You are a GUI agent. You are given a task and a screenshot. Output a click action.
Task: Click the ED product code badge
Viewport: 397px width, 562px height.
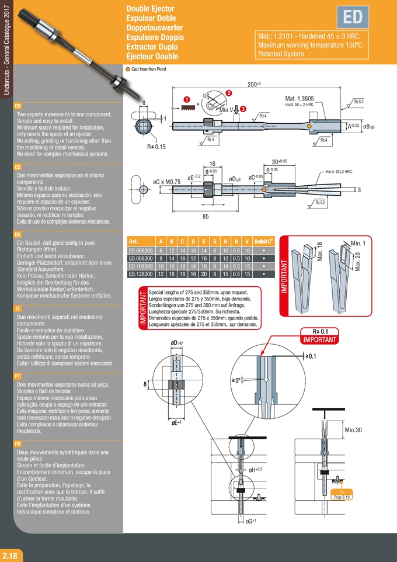[353, 18]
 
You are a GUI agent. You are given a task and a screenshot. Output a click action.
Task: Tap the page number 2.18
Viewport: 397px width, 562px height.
[12, 554]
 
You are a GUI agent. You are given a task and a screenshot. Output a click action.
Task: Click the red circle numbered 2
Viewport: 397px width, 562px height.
[229, 93]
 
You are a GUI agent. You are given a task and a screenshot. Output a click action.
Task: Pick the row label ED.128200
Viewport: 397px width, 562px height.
[140, 273]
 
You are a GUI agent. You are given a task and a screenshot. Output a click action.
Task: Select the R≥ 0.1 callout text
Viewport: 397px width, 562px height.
[320, 331]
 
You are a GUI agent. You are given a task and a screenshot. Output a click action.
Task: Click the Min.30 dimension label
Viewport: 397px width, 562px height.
[353, 431]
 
